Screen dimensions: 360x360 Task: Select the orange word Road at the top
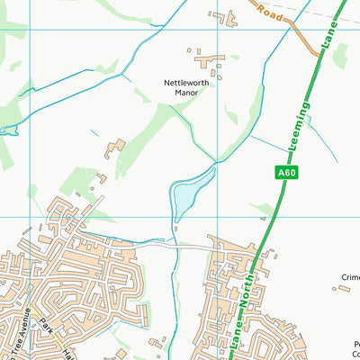[270, 13]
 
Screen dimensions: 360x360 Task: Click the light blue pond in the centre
[192, 191]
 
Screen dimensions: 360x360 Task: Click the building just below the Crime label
[341, 290]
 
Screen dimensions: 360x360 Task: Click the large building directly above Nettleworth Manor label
[214, 63]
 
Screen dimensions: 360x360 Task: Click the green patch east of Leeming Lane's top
[340, 56]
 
